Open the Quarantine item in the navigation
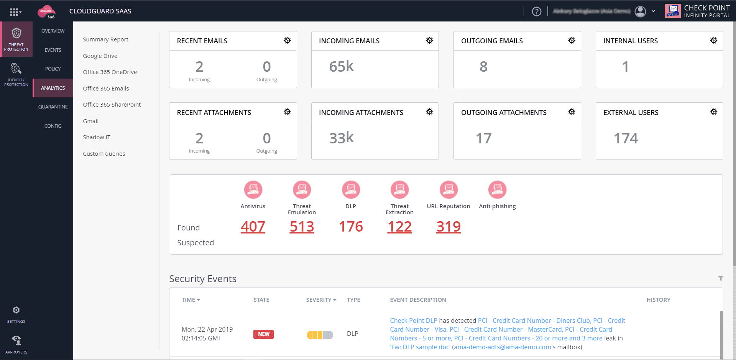53,107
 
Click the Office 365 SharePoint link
112,105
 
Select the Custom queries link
104,154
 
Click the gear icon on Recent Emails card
287,41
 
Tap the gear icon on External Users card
713,112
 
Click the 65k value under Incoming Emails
341,67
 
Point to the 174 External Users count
626,138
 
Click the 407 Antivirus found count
253,227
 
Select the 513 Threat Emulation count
302,227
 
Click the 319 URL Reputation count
448,227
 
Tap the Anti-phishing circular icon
497,189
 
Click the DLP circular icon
351,189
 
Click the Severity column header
321,300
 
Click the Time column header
191,300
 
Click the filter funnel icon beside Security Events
721,278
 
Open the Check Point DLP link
413,321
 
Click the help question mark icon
536,12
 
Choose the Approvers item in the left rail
16,344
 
